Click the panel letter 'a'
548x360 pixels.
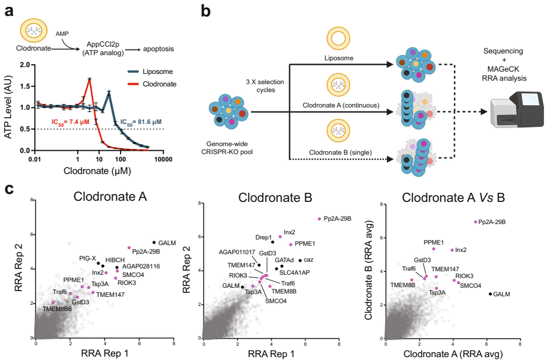10,10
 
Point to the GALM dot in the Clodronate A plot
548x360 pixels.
153,243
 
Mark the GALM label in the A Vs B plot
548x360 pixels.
502,294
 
